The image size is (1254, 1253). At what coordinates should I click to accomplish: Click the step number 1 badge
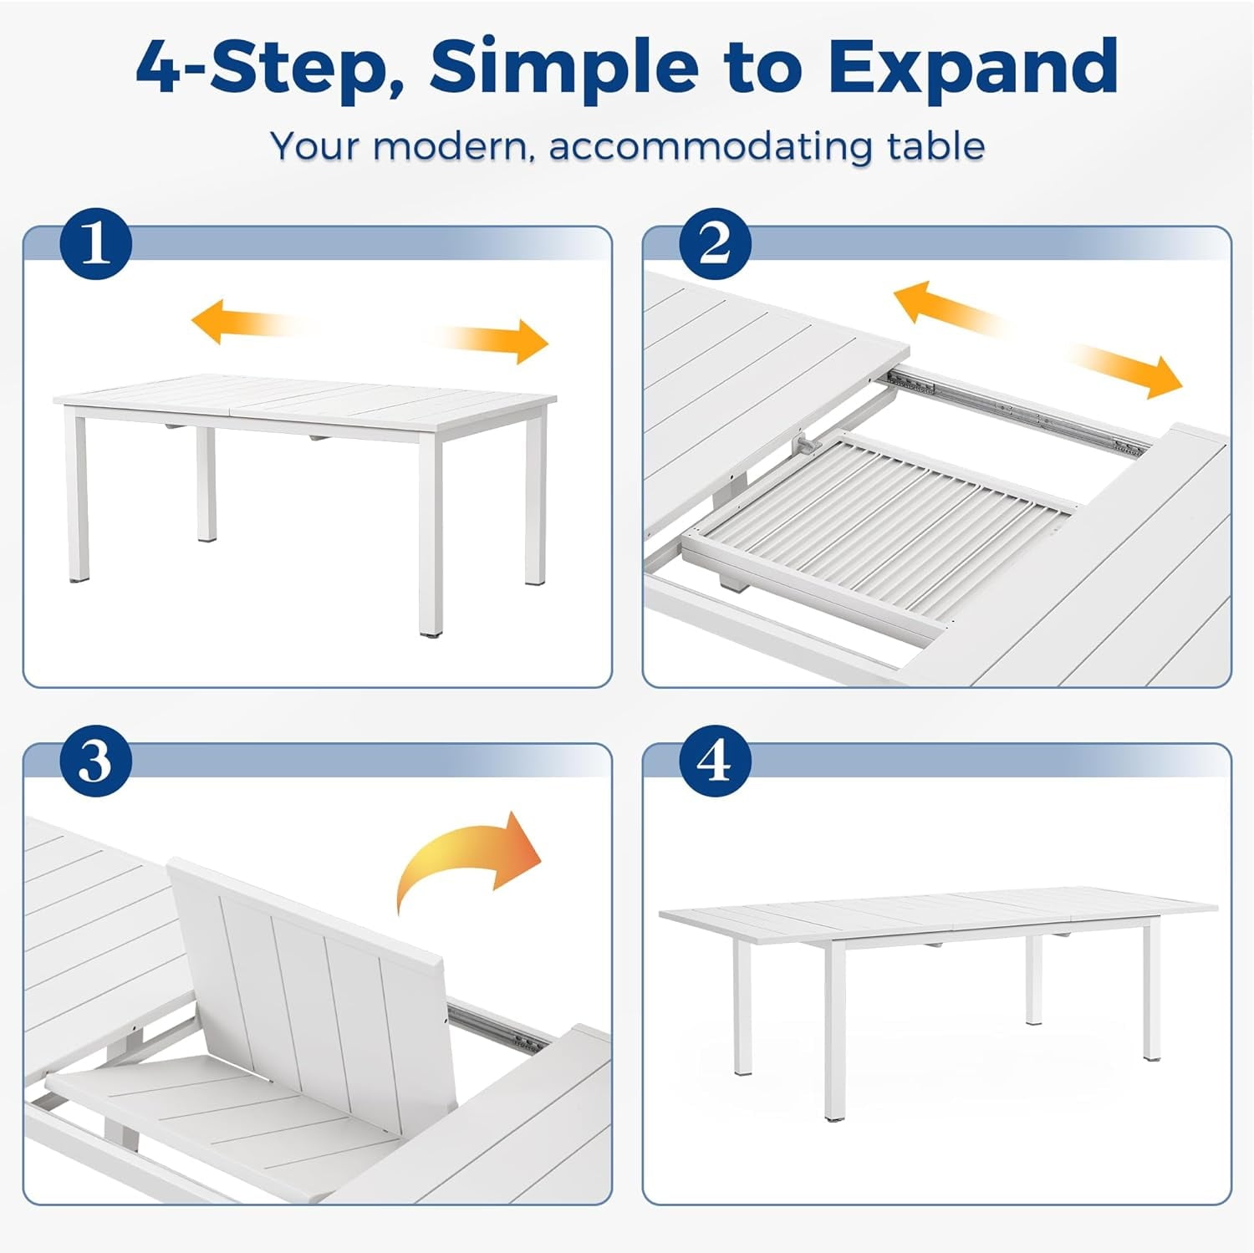point(96,244)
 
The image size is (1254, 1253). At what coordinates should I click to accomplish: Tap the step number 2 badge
point(715,244)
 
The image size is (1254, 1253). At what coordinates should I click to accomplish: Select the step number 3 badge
point(96,761)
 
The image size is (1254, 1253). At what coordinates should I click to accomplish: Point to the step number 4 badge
point(715,761)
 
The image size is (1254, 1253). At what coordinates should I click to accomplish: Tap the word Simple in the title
point(564,69)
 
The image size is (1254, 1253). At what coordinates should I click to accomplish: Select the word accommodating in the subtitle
point(712,146)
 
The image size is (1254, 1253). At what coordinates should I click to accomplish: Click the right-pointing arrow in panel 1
point(489,340)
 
